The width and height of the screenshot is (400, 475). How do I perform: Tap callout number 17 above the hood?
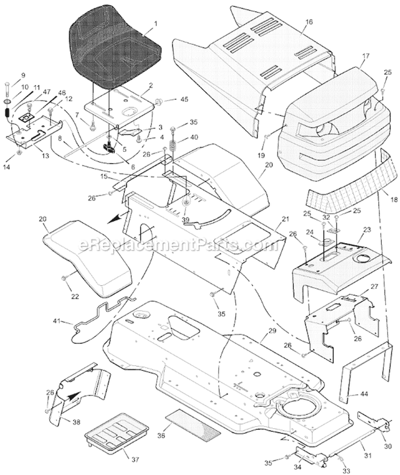pyautogui.click(x=365, y=55)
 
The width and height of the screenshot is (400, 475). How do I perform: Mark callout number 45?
pyautogui.click(x=185, y=99)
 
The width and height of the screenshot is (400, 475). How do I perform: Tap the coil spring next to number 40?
pyautogui.click(x=173, y=144)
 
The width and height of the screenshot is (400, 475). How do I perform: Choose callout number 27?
pyautogui.click(x=375, y=286)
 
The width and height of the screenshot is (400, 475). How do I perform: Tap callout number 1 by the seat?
pyautogui.click(x=155, y=23)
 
